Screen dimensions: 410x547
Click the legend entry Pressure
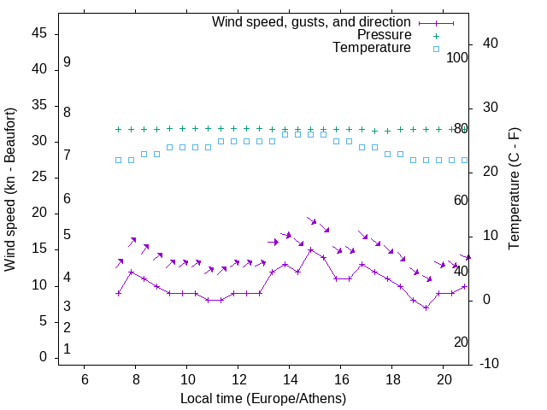[x=384, y=35]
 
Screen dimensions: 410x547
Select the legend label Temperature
[x=372, y=49]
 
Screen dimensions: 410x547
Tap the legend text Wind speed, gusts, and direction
[x=312, y=21]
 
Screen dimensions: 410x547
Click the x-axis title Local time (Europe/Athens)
[x=263, y=398]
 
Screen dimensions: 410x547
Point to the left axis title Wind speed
[x=10, y=190]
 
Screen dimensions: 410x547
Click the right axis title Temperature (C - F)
[x=514, y=190]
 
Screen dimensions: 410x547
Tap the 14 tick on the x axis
[x=290, y=379]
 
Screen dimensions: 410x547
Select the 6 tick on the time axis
[x=85, y=379]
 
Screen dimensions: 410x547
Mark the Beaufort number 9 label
[x=67, y=62]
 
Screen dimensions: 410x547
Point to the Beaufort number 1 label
[x=67, y=349]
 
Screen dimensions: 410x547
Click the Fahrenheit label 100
[x=457, y=57]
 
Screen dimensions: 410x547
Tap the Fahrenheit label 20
[x=461, y=342]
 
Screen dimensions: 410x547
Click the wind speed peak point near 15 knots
[x=311, y=250]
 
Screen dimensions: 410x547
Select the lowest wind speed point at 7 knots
[x=426, y=307]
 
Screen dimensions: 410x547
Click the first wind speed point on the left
[x=119, y=293]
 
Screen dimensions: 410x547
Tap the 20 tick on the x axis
[x=444, y=379]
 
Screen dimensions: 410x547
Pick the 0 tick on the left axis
[x=42, y=358]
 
